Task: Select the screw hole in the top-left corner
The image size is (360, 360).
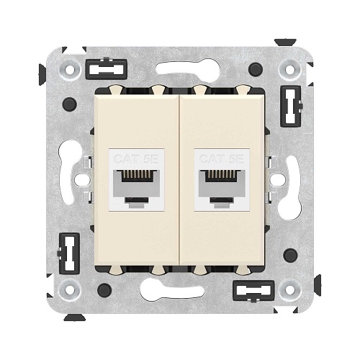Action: (70, 70)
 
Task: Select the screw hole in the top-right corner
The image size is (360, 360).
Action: (290, 70)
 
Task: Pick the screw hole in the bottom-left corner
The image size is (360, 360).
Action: (70, 289)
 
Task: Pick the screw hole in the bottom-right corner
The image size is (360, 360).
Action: (290, 289)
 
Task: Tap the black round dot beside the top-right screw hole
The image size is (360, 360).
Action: (255, 69)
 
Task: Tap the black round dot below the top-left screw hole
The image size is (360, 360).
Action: (69, 104)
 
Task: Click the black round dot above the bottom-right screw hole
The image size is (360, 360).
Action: (290, 256)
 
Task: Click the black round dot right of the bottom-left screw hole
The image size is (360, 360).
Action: (104, 290)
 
